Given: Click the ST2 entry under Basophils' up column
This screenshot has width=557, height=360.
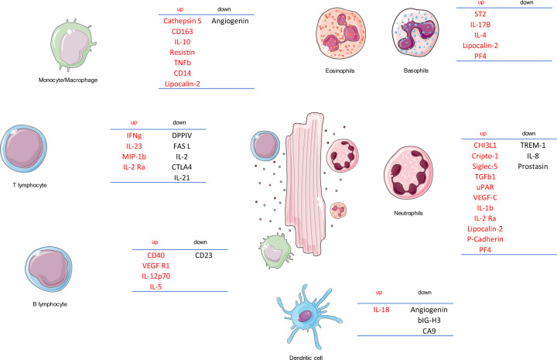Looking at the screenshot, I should (x=484, y=14).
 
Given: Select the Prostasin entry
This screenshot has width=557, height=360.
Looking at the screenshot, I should (x=528, y=166).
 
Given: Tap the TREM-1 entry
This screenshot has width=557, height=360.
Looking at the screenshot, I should (x=528, y=144).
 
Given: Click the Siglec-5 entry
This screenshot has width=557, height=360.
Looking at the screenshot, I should (x=490, y=166).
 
